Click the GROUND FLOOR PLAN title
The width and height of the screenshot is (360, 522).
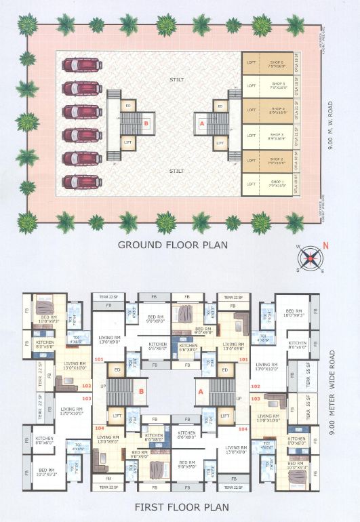coord(172,245)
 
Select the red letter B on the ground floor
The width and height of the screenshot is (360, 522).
coord(146,123)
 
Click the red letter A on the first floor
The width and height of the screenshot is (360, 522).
coord(201,391)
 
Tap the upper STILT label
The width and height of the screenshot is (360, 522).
coord(176,79)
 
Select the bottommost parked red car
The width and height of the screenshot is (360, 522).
coord(82,182)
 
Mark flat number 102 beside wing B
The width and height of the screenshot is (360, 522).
coord(86,386)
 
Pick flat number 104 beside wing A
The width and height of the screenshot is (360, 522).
coord(243,430)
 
